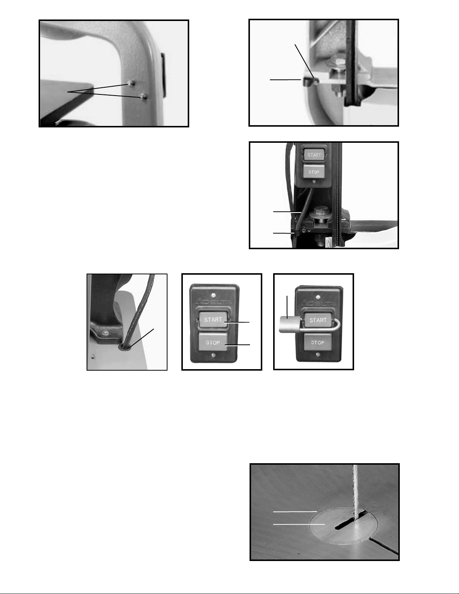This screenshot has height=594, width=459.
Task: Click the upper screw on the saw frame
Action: (132, 83)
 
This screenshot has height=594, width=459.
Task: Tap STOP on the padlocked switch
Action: (317, 343)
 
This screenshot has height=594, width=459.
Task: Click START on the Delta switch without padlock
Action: (213, 320)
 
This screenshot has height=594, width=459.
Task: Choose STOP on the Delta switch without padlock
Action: (213, 342)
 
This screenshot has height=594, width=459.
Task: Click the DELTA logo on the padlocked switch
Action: (318, 304)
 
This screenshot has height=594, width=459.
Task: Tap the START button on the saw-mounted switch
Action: (314, 155)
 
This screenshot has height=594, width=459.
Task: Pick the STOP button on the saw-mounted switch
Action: (314, 172)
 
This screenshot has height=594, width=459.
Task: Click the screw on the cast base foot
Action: (105, 333)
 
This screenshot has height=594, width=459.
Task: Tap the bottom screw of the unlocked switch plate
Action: (213, 355)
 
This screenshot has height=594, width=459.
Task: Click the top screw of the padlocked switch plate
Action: (318, 297)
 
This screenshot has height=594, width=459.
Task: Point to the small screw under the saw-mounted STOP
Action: (314, 181)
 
